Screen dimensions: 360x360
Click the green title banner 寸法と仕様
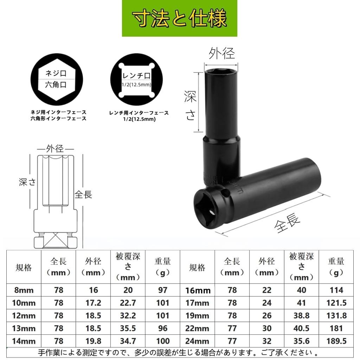[179, 18]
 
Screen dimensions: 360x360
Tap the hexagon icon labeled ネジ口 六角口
[56, 79]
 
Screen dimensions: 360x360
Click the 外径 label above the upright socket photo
[221, 53]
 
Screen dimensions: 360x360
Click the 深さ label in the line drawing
[27, 182]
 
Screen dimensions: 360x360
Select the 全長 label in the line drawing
[83, 194]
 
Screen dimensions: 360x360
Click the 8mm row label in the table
[24, 290]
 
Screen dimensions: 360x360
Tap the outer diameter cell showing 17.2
[93, 303]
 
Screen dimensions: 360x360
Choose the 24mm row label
[197, 341]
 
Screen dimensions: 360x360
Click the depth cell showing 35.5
[128, 328]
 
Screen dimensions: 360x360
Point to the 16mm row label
[198, 290]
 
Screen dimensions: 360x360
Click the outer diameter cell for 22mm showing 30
[266, 328]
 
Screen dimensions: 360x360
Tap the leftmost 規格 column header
[24, 268]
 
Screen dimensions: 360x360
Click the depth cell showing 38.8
[301, 315]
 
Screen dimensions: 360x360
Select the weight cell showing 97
[162, 290]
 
